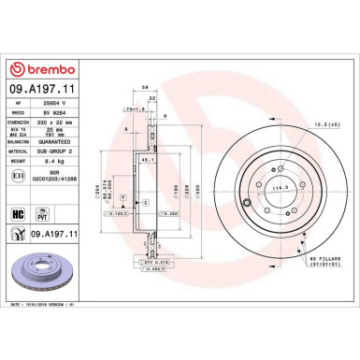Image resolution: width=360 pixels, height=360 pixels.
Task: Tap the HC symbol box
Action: pyautogui.click(x=17, y=214)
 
